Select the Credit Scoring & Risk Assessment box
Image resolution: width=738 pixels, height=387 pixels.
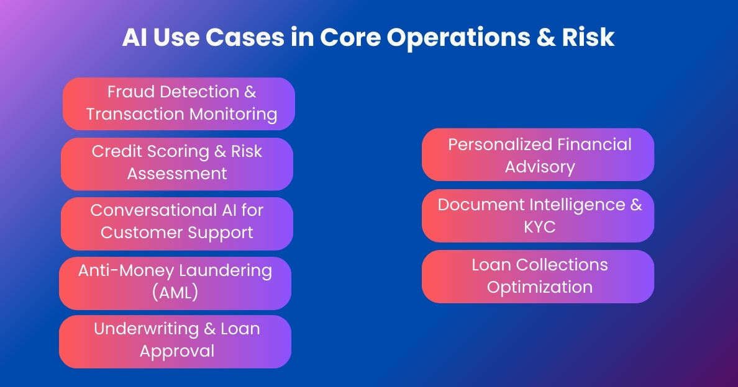177,163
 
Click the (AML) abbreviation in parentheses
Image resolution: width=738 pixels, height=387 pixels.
175,293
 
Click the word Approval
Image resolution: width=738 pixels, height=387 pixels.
177,351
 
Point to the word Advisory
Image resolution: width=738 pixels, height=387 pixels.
539,167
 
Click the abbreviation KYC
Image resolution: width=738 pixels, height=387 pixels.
539,227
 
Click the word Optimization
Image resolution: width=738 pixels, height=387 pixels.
539,287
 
